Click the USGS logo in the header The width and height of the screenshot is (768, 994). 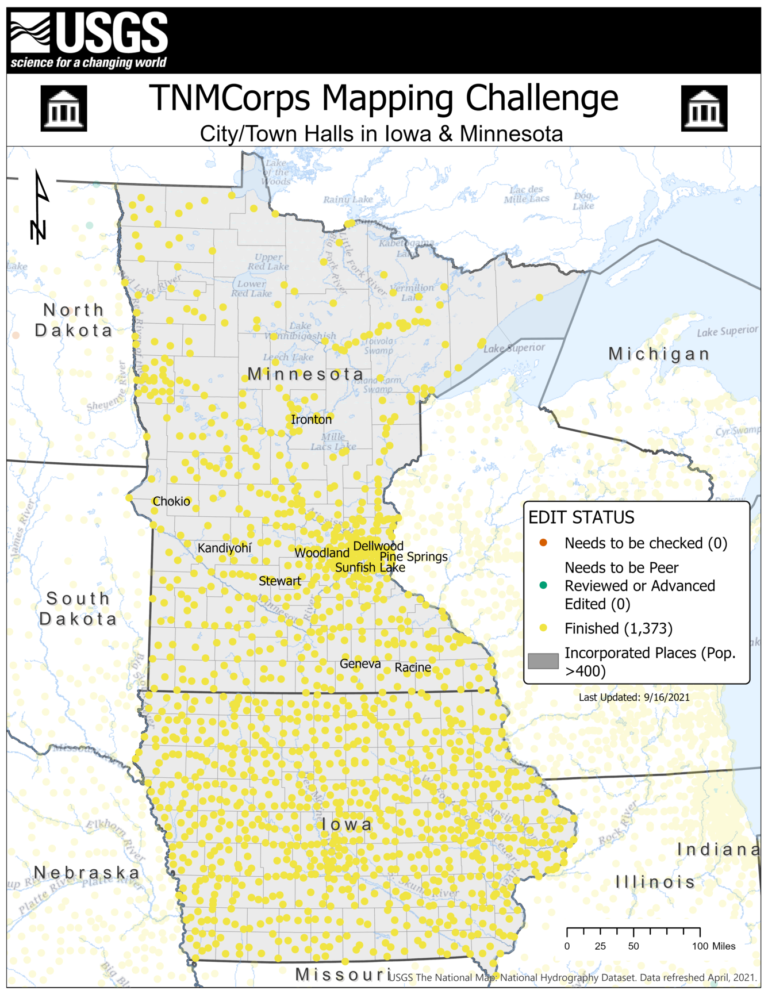(x=89, y=40)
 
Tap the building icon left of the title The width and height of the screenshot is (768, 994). (x=64, y=108)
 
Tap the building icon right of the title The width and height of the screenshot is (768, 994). (x=704, y=108)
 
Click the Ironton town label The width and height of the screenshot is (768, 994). (x=311, y=420)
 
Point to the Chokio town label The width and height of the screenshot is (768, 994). (x=171, y=501)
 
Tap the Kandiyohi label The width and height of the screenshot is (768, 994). (x=224, y=548)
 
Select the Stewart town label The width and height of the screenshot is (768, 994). (x=279, y=581)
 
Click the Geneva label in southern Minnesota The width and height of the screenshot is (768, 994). (x=360, y=663)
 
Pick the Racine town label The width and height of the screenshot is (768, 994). (x=412, y=667)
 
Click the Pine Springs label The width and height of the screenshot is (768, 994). (x=413, y=557)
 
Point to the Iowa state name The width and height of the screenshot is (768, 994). (x=347, y=824)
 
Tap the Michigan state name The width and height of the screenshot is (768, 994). (x=659, y=354)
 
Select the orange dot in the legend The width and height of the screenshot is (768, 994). (x=543, y=543)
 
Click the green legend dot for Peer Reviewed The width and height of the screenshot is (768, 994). (x=543, y=585)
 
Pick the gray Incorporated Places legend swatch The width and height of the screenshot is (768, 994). (x=543, y=661)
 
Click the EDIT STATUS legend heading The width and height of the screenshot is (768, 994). (x=581, y=517)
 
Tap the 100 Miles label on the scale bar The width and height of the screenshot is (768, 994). (x=713, y=946)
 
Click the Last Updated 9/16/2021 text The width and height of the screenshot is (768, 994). (x=633, y=697)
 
